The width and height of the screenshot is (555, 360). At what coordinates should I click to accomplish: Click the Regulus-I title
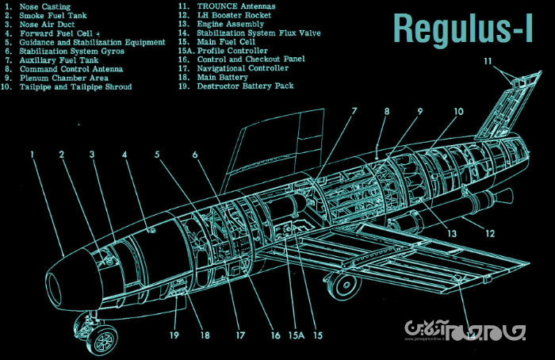462,29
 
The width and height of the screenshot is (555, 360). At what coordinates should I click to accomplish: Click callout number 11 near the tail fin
488,61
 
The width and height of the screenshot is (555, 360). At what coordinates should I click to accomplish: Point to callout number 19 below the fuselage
174,335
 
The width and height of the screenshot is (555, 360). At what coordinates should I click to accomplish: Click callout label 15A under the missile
296,335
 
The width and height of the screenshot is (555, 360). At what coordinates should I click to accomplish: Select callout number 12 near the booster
490,234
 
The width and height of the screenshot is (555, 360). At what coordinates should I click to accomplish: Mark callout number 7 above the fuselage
354,112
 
